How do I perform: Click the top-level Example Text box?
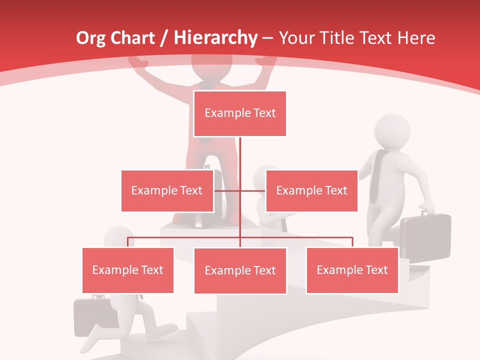pos(240,113)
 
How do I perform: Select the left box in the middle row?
pos(167,190)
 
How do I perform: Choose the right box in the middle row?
pos(311,190)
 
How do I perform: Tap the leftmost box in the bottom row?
pos(128,270)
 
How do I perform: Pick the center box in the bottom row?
pos(240,270)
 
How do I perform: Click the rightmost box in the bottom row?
pos(352,270)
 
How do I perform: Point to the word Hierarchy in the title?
pos(215,38)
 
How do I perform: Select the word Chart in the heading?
pos(133,38)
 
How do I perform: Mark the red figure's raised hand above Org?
pos(138,62)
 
